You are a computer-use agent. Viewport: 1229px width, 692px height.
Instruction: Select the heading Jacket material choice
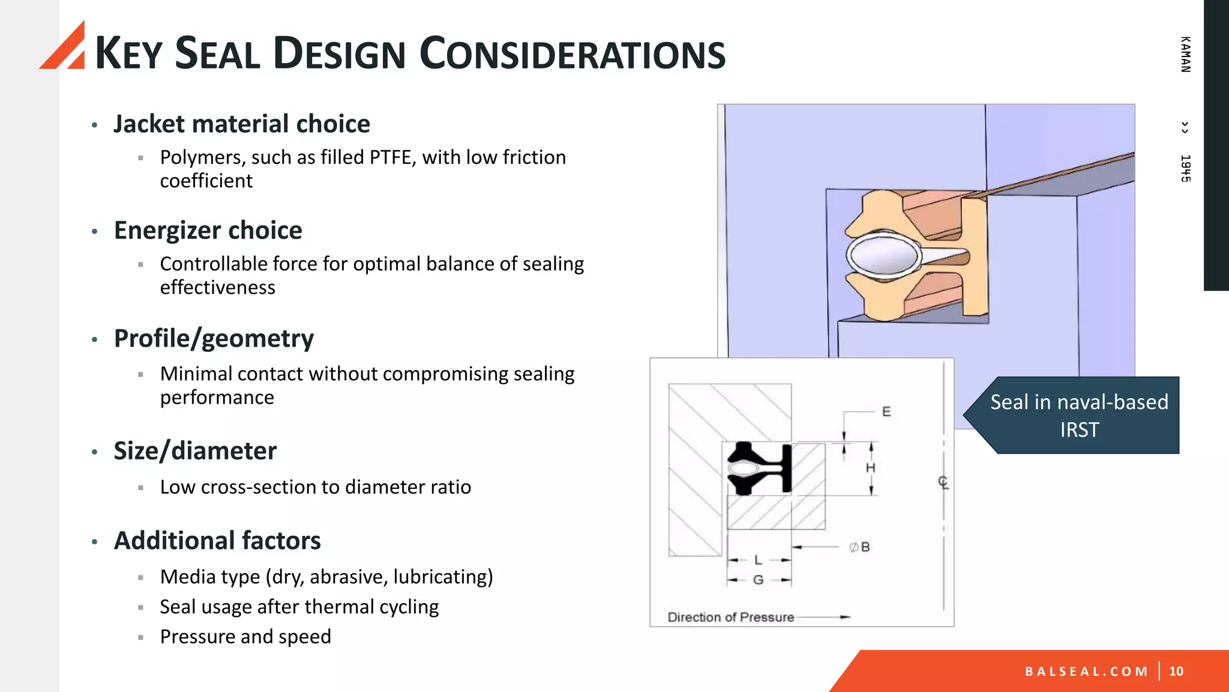241,124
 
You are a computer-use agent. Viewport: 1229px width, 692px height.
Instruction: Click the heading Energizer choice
208,231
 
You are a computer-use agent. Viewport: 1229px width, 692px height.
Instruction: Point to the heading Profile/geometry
214,339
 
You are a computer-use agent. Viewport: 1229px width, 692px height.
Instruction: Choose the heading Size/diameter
195,451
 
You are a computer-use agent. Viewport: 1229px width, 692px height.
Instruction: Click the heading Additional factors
217,541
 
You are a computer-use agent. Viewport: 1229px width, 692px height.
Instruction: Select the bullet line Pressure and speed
245,637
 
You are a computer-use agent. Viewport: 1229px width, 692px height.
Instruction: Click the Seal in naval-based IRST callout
1078,416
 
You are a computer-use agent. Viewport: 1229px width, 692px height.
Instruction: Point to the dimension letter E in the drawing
886,412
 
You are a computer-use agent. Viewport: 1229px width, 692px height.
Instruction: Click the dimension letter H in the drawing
871,468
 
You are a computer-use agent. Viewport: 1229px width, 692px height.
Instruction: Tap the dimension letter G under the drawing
758,580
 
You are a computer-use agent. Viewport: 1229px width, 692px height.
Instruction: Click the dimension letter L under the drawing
758,560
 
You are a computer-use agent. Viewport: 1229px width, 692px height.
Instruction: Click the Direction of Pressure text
730,618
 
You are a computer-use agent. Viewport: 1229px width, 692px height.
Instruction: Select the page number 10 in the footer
1176,672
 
